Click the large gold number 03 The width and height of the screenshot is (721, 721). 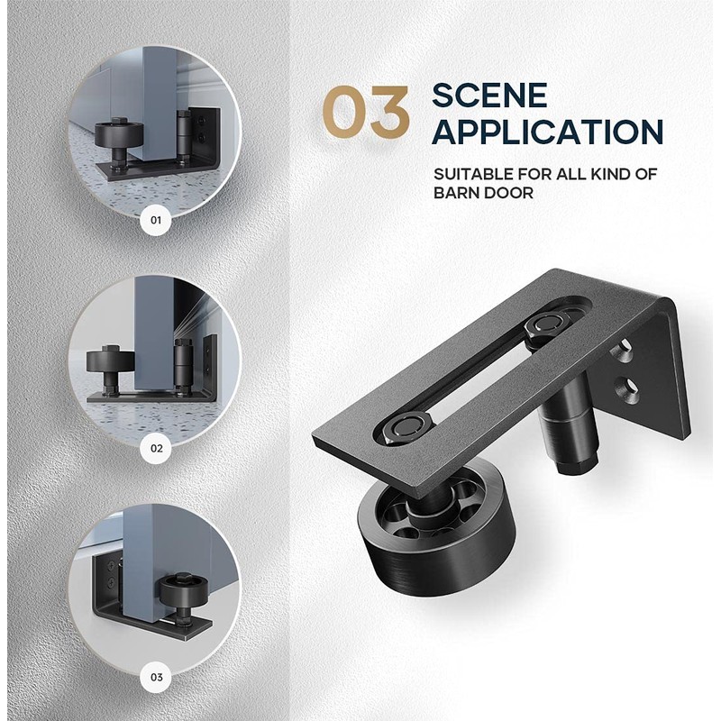point(367,114)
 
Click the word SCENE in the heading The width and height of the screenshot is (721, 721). point(488,95)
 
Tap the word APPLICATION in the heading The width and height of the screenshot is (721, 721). point(547,131)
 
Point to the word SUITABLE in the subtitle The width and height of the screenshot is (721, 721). point(474,173)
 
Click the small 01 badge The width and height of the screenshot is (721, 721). point(156,219)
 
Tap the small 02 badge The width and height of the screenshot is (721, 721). point(156,447)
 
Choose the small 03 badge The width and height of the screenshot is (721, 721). point(156,676)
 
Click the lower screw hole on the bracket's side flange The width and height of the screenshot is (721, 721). point(628,389)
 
